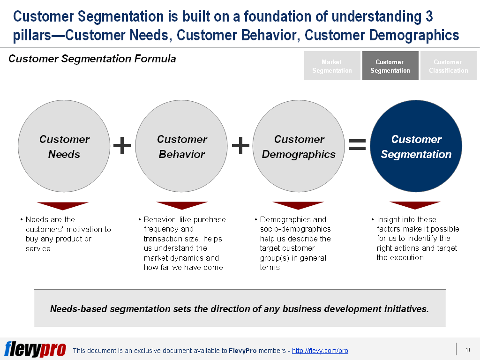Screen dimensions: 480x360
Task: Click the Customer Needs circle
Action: [x=64, y=146]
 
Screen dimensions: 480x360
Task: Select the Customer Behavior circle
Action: [x=181, y=146]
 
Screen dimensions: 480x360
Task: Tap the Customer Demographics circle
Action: [x=299, y=146]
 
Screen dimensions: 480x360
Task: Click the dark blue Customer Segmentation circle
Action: [x=416, y=146]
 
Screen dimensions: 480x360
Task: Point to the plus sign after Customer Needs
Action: [x=122, y=145]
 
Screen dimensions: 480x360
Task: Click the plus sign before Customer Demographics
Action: [x=240, y=145]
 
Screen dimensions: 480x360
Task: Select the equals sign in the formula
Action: [x=357, y=144]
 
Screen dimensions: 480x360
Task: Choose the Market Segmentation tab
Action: [x=332, y=66]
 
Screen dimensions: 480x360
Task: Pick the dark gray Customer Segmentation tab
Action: [x=390, y=66]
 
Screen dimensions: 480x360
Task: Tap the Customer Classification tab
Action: [x=449, y=66]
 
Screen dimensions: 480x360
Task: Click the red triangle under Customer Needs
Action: [x=63, y=206]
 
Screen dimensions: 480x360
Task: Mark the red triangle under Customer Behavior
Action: [x=182, y=205]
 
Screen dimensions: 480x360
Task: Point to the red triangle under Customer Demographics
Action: [x=298, y=205]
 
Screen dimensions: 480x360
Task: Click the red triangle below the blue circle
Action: [x=415, y=205]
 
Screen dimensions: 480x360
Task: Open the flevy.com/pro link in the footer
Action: [x=320, y=351]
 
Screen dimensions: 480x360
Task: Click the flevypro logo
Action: [x=35, y=349]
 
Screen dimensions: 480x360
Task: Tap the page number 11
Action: [x=468, y=350]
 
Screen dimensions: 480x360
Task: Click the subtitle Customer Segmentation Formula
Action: [x=92, y=59]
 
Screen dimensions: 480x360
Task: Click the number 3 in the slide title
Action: [x=429, y=16]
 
